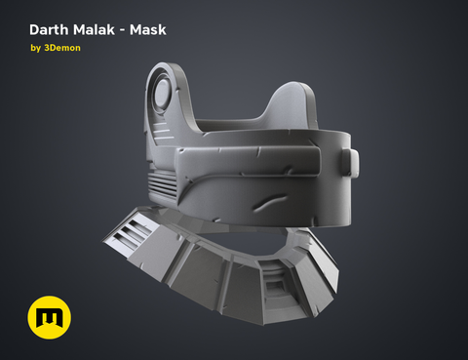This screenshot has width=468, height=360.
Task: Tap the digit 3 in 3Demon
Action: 49,49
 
